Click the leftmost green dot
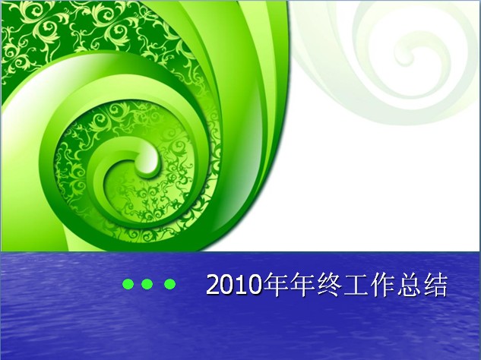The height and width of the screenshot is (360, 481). click(128, 284)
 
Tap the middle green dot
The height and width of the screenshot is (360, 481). click(147, 284)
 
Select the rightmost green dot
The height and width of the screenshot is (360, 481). click(169, 284)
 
